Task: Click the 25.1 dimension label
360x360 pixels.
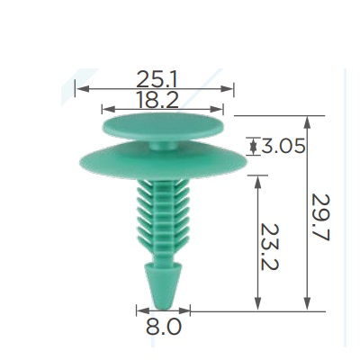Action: pyautogui.click(x=157, y=79)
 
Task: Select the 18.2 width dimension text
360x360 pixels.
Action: pyautogui.click(x=157, y=100)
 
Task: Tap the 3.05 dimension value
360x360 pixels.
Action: pyautogui.click(x=283, y=146)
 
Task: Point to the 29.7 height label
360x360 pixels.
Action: pyautogui.click(x=320, y=218)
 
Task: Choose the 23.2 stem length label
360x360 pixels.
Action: pyautogui.click(x=269, y=247)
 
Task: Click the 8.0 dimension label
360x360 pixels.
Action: pyautogui.click(x=164, y=327)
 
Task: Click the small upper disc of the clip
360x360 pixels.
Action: pyautogui.click(x=163, y=126)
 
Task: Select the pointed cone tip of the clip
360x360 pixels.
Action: pyautogui.click(x=163, y=286)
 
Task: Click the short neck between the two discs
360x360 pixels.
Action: pyautogui.click(x=164, y=145)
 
